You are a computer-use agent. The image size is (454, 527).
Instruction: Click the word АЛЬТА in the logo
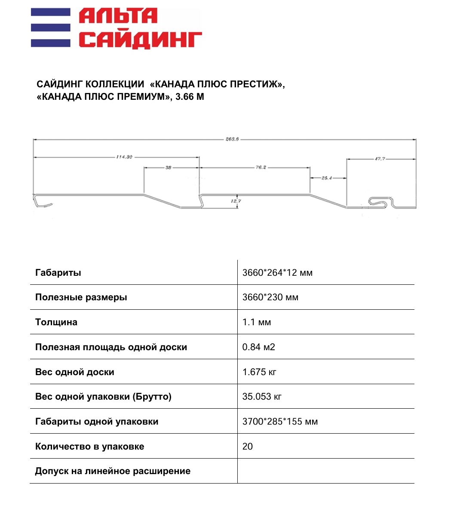coord(118,17)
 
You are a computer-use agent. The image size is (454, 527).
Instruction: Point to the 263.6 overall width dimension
coord(232,139)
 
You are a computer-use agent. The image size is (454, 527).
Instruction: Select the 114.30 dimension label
coord(124,157)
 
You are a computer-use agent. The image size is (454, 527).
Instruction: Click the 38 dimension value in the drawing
coord(168,167)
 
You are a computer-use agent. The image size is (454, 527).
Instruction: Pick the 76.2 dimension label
coord(261,167)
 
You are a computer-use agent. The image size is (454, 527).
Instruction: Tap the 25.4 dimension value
coord(327,178)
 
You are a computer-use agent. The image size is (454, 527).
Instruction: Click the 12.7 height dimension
coord(236,201)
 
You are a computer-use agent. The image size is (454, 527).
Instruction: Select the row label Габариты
coord(58,273)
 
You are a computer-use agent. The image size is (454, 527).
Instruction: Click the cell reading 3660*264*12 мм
coord(277,273)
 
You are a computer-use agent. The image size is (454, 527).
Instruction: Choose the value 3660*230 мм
coord(270,297)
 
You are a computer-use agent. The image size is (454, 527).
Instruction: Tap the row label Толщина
coord(56,322)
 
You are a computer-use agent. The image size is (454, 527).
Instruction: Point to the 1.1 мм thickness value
coord(257,322)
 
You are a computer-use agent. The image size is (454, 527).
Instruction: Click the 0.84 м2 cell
coord(258,347)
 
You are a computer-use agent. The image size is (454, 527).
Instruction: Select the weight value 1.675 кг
coord(259,372)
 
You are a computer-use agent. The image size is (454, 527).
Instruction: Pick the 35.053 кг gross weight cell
coord(262,397)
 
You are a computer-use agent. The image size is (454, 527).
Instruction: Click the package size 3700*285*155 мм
coord(280,422)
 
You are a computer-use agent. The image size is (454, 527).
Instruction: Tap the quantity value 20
coord(248,447)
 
